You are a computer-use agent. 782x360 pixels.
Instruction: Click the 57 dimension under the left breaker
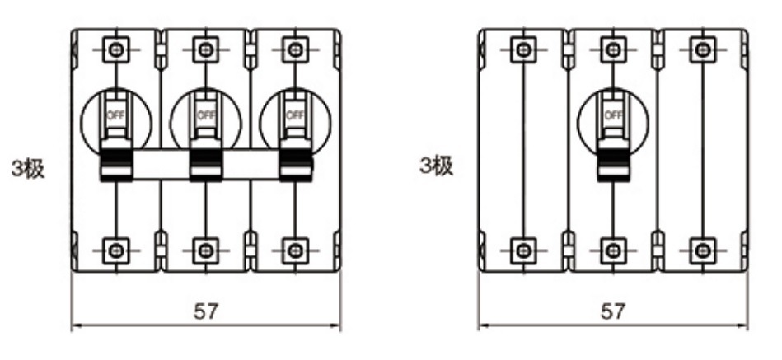206,311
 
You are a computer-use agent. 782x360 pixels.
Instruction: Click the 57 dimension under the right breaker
613,311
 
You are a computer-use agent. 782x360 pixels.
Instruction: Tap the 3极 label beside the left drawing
28,170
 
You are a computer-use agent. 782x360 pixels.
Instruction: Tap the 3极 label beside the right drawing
437,166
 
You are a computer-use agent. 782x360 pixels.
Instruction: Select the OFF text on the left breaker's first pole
116,115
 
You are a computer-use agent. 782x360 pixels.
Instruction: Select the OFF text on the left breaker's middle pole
206,115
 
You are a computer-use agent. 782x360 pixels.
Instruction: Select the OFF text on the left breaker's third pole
295,115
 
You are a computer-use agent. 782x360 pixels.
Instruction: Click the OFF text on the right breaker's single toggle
613,115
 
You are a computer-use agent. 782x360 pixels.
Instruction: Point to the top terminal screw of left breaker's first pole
116,50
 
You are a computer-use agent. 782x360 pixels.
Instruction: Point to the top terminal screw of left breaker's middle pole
206,50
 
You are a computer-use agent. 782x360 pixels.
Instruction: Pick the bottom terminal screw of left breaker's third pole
295,250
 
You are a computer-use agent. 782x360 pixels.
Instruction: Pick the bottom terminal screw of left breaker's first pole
116,250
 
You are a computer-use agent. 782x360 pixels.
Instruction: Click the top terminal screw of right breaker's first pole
523,50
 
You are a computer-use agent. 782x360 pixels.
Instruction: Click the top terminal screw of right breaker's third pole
703,50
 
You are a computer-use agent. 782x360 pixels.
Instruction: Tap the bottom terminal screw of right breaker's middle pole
613,250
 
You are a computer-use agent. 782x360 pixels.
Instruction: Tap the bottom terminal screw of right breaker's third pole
703,250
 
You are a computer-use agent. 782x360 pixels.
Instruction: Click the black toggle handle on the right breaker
613,160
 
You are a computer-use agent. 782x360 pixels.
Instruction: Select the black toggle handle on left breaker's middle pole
206,160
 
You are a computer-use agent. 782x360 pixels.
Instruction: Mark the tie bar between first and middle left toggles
161,164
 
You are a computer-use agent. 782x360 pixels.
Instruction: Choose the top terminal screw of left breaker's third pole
295,50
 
